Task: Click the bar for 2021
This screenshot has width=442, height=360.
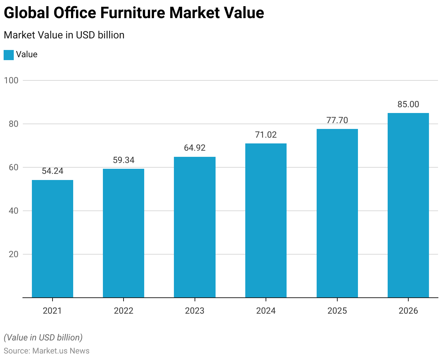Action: tap(53, 239)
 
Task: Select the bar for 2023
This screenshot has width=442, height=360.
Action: tap(195, 227)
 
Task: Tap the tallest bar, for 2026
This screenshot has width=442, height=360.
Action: tap(408, 205)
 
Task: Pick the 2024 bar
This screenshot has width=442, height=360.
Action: tap(266, 221)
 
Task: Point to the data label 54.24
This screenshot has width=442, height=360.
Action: tap(53, 171)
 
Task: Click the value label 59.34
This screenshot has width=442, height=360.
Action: tap(124, 160)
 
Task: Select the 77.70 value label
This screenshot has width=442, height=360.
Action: tap(337, 120)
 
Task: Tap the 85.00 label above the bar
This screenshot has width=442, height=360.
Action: tap(408, 104)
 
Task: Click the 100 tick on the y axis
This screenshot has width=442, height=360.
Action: tap(11, 80)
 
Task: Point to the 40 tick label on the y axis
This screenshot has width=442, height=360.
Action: tap(13, 211)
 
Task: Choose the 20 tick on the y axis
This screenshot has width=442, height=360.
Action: tap(13, 254)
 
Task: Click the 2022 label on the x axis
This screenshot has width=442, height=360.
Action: tap(124, 311)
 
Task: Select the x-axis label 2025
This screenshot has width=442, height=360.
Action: tap(337, 311)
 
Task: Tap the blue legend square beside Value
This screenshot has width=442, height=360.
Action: tap(9, 55)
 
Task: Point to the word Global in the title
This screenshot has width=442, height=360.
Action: tap(26, 13)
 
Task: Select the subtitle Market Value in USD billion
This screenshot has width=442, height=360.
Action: tap(64, 35)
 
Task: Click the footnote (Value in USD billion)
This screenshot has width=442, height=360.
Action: tap(43, 338)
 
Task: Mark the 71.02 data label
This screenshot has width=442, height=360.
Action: tap(266, 135)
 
